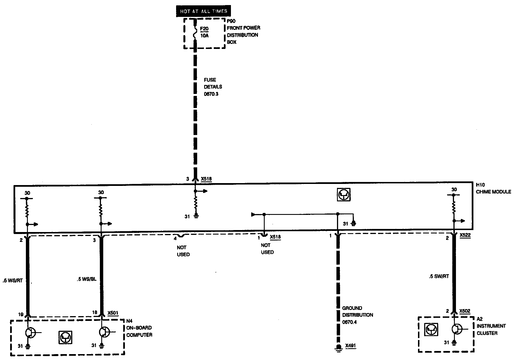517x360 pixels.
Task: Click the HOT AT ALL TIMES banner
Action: (x=204, y=11)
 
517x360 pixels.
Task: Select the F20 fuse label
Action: (x=204, y=29)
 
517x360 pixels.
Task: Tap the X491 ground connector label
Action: (x=350, y=346)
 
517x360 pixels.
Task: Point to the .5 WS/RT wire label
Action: (x=12, y=281)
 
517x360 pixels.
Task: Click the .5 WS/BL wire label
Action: (x=86, y=280)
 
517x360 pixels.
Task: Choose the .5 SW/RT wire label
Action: (x=439, y=276)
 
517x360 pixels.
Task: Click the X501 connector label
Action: (x=113, y=313)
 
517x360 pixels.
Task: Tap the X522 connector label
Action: (x=465, y=235)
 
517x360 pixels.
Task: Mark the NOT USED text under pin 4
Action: (x=183, y=251)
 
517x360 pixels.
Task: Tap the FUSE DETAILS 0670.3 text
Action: (x=213, y=87)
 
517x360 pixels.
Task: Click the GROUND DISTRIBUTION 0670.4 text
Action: (x=358, y=315)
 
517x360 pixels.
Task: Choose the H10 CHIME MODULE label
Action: (x=493, y=188)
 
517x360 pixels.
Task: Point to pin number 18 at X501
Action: (x=95, y=312)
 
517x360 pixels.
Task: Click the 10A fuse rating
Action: (x=204, y=36)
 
